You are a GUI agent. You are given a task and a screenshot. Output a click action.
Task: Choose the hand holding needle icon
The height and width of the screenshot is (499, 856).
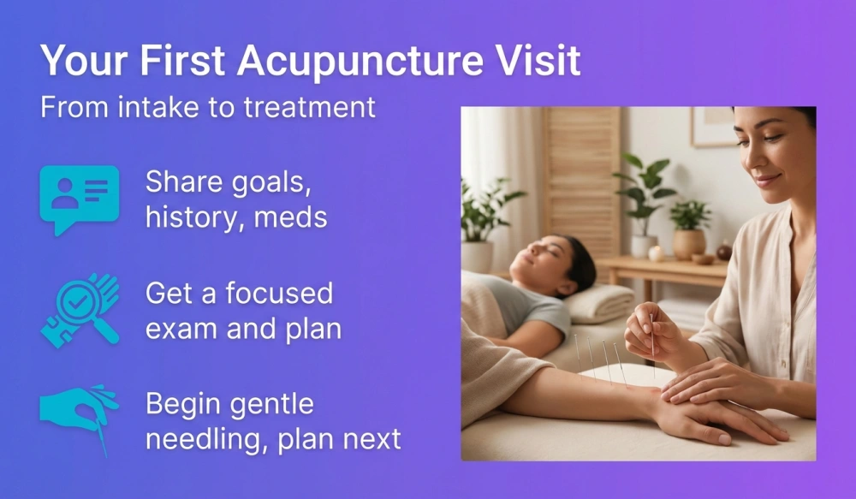[x=80, y=416]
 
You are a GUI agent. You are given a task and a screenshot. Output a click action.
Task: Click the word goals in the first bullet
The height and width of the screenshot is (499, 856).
[x=263, y=182]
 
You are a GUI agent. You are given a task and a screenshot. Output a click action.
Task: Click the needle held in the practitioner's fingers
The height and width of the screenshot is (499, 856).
[x=652, y=338]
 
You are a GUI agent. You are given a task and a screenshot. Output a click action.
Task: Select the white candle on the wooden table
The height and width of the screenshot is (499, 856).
[x=657, y=253]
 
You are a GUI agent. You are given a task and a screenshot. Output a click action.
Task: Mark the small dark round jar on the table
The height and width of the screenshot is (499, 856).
[x=723, y=252]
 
